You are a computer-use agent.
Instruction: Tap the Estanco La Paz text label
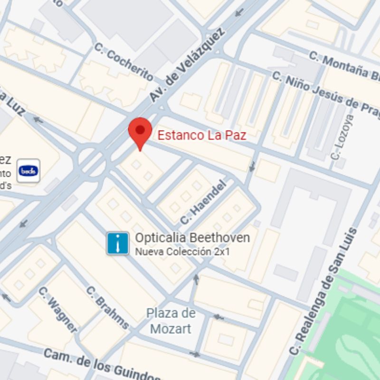pyautogui.click(x=202, y=135)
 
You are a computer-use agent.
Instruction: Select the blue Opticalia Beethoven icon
pyautogui.click(x=117, y=243)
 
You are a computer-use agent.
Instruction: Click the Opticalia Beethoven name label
pyautogui.click(x=192, y=238)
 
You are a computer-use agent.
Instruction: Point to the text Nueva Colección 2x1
pyautogui.click(x=182, y=252)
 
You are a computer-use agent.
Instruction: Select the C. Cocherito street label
pyautogui.click(x=123, y=62)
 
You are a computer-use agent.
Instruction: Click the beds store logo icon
pyautogui.click(x=28, y=171)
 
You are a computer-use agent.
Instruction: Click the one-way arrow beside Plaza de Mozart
pyautogui.click(x=218, y=317)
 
